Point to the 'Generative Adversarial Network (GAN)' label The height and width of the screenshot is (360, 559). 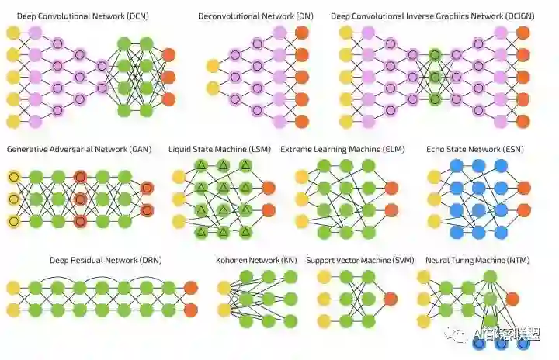(x=78, y=148)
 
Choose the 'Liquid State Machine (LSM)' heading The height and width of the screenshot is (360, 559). (x=220, y=148)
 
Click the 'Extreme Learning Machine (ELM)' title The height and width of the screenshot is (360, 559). (x=342, y=148)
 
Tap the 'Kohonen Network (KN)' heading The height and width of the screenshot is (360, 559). (x=255, y=260)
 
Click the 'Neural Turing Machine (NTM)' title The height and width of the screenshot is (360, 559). (x=467, y=260)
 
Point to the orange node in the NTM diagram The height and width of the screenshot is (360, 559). (x=512, y=299)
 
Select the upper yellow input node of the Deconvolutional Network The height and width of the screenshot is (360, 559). (x=212, y=66)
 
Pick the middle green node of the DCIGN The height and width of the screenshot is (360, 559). (x=435, y=78)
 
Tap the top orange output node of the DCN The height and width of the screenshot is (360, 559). (x=168, y=55)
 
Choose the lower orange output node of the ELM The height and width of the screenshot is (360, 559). (x=391, y=209)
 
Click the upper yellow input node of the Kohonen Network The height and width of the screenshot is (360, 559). (x=224, y=288)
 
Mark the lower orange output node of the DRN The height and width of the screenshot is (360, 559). (x=191, y=310)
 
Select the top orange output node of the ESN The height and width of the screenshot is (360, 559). (x=523, y=188)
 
